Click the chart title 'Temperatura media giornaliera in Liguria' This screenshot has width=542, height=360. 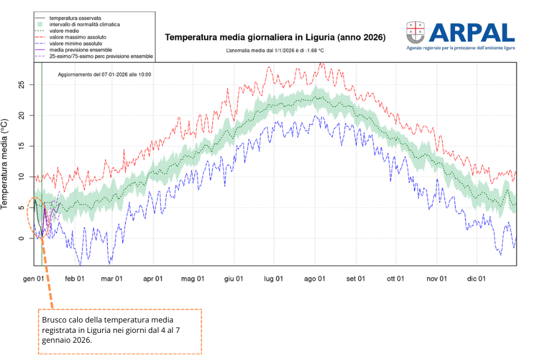click(275, 37)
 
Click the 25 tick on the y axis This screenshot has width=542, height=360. click(21, 85)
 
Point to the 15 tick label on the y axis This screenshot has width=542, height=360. click(21, 146)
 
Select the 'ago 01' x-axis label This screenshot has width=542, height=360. click(315, 279)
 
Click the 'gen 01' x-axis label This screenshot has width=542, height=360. click(34, 279)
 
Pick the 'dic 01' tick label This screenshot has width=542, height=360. click(476, 279)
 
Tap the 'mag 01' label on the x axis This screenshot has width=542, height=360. click(193, 279)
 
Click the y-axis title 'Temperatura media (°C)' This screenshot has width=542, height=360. click(5, 163)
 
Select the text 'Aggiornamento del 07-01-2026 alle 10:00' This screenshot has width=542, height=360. click(104, 75)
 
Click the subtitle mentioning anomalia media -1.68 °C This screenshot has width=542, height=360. click(275, 51)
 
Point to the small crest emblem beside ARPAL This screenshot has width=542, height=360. click(415, 32)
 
